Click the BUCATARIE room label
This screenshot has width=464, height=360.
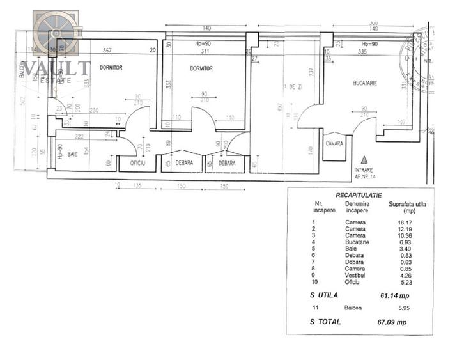point(365,84)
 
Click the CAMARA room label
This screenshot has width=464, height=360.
point(334,143)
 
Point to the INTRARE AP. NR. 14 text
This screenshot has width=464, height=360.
point(364,173)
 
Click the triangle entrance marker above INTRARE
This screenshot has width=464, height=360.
point(364,160)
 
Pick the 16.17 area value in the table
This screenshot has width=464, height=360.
point(397,222)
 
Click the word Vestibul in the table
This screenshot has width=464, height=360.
point(355,276)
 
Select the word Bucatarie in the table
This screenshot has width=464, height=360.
point(357,242)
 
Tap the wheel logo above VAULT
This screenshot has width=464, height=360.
point(56,32)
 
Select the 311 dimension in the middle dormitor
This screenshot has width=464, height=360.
point(205,51)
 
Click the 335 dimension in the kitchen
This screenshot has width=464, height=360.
point(362,51)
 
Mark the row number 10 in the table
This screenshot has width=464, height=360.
point(313,282)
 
